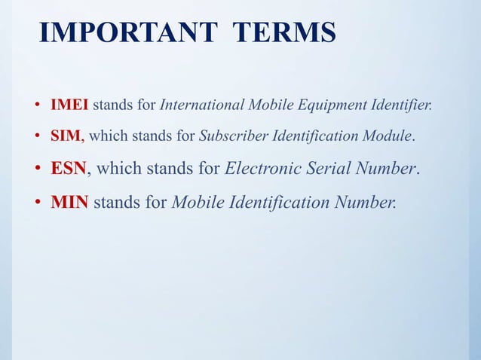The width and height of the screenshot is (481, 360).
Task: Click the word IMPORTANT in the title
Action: click(x=129, y=34)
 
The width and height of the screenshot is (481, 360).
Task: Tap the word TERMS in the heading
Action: click(x=284, y=34)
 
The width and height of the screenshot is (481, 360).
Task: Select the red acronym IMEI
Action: click(x=69, y=104)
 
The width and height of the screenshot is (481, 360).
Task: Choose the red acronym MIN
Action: click(x=70, y=202)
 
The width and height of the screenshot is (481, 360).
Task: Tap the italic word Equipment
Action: click(x=326, y=105)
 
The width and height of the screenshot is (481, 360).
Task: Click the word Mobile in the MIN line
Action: click(x=195, y=202)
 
